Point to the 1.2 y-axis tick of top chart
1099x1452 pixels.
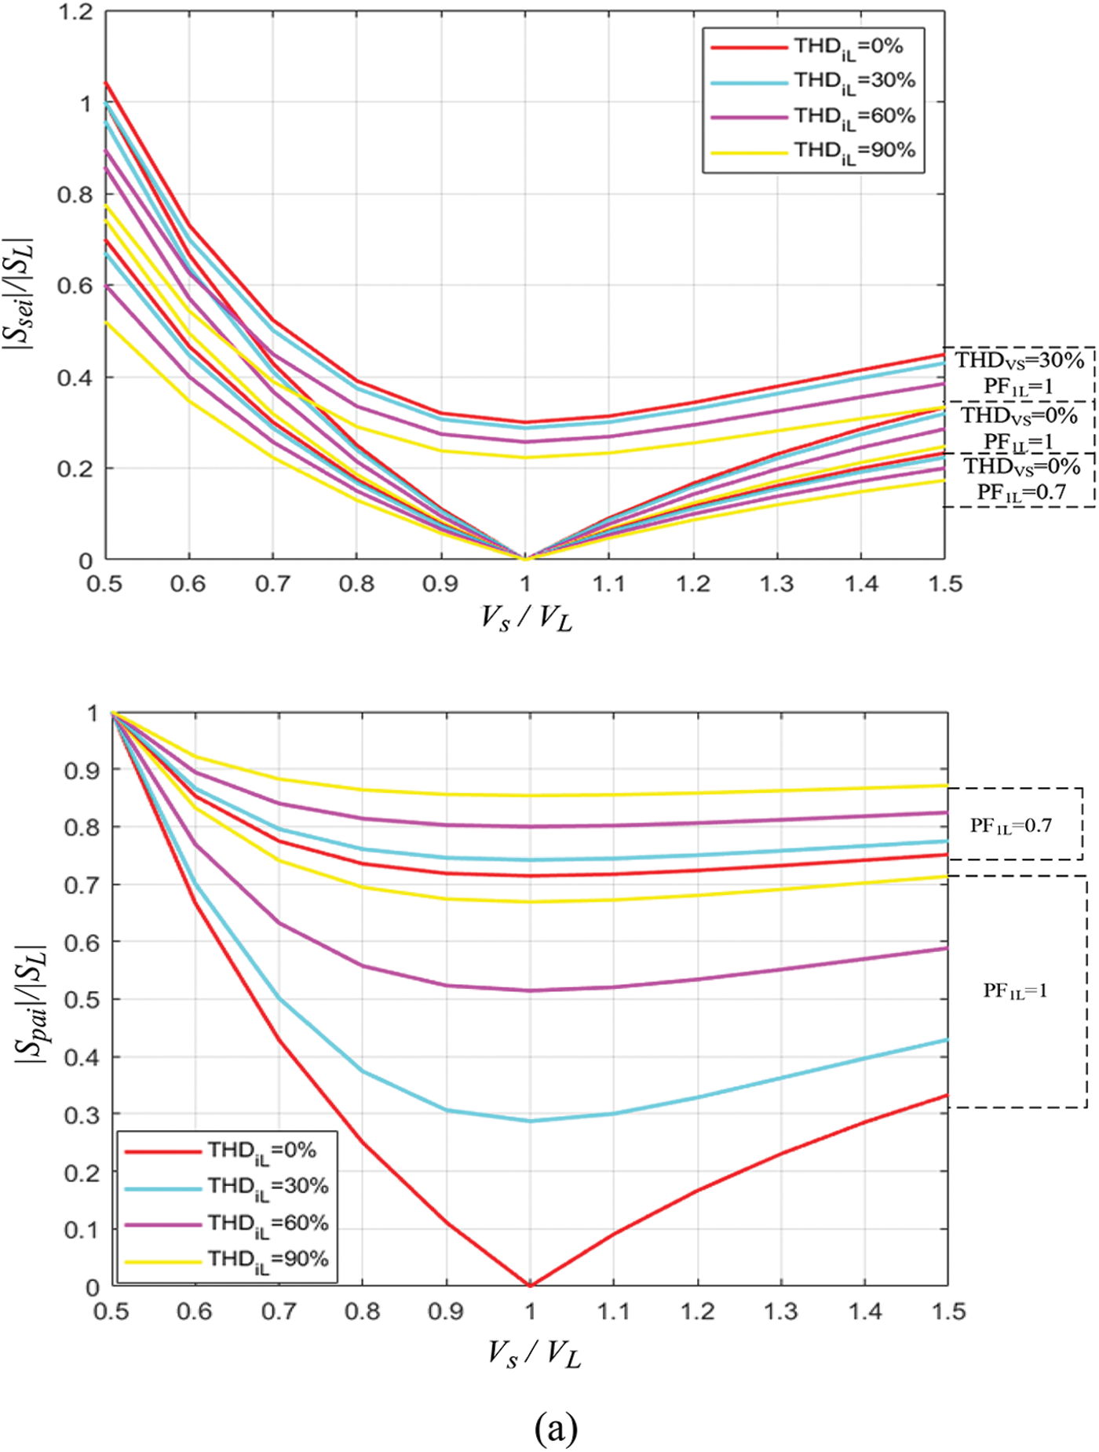coord(75,13)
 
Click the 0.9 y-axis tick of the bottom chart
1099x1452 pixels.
coord(82,771)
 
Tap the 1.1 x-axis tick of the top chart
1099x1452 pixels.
coord(608,584)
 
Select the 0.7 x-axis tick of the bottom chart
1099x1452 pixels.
coord(279,1312)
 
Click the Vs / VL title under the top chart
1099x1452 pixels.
coord(526,619)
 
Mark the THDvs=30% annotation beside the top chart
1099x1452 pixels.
coord(1019,360)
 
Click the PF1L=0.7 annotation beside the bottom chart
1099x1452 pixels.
coord(1010,826)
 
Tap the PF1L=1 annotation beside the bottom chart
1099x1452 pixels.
coord(1015,990)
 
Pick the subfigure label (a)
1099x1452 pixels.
coord(556,1427)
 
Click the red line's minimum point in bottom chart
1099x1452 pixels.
coord(530,1285)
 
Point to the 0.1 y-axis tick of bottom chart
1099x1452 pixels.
coord(82,1230)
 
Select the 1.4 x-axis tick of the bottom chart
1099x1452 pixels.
coord(864,1312)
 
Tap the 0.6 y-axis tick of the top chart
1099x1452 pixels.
coord(75,286)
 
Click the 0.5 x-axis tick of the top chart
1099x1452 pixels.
coord(104,584)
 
